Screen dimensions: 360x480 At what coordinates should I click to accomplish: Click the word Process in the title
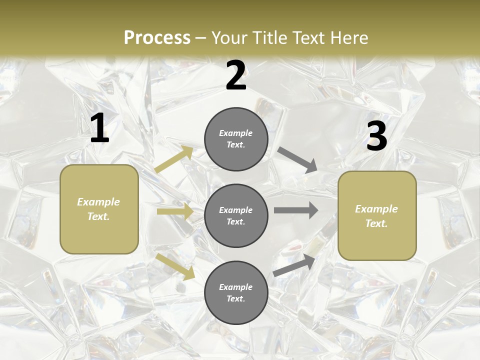[157, 37]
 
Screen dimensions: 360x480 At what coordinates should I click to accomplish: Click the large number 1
[99, 128]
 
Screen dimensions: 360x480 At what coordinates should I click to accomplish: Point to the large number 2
[236, 75]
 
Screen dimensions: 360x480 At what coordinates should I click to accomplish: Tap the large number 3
[376, 136]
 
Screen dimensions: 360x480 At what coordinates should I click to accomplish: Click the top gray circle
[236, 139]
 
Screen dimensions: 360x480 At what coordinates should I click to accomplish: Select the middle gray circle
[236, 215]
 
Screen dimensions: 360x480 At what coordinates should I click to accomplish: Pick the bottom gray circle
[236, 292]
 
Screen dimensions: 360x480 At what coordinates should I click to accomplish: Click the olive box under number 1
[99, 209]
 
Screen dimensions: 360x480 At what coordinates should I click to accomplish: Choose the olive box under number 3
[377, 216]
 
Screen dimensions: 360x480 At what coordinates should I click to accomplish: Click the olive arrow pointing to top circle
[174, 159]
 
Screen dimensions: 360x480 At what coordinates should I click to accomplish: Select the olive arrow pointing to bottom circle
[175, 266]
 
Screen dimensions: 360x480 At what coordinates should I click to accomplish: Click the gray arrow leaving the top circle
[297, 159]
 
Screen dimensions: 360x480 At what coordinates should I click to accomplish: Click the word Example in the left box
[98, 202]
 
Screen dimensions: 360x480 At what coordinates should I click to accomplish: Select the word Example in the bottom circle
[236, 287]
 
